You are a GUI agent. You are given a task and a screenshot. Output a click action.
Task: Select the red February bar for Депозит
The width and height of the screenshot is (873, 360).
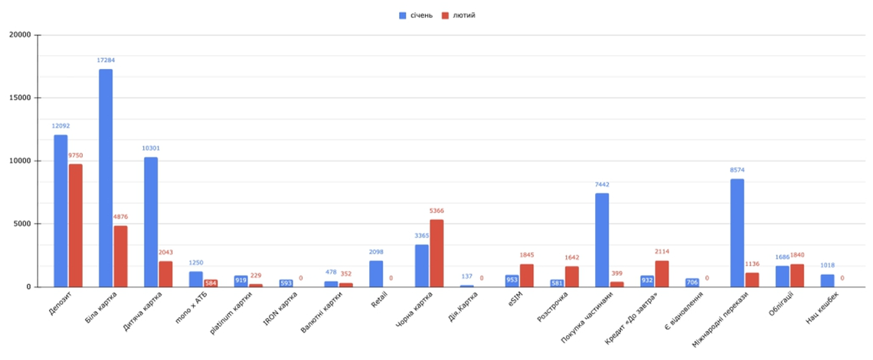coord(75,225)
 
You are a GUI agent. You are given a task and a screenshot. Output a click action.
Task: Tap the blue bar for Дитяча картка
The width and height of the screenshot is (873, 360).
coord(151,222)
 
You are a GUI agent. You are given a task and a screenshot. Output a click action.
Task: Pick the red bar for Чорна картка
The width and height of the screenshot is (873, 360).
coord(436,253)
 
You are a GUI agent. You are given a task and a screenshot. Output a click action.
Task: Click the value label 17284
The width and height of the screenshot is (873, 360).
coord(106,60)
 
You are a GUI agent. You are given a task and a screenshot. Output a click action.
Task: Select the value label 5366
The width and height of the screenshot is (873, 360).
coord(436,211)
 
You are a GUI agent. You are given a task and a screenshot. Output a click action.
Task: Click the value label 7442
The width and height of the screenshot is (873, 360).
coord(602,185)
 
